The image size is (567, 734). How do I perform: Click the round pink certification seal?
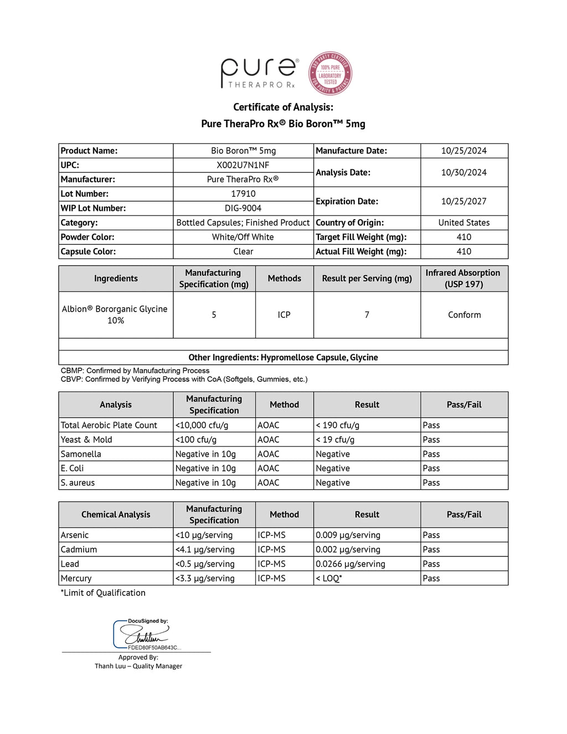click(x=330, y=74)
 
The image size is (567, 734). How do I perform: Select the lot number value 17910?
click(x=243, y=194)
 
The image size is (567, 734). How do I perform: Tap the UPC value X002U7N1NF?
click(x=243, y=165)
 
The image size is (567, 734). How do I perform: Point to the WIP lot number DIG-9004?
click(x=243, y=208)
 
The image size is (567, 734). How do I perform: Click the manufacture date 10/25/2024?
click(x=464, y=151)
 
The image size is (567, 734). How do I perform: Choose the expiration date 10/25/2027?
click(x=464, y=201)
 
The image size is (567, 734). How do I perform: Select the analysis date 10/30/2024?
click(x=464, y=173)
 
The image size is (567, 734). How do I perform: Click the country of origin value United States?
click(x=464, y=223)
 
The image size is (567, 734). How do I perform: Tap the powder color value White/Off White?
click(x=243, y=237)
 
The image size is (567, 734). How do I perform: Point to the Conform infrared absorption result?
click(x=464, y=315)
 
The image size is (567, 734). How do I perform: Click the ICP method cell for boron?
click(x=284, y=315)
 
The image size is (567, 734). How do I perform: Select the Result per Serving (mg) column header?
click(x=367, y=278)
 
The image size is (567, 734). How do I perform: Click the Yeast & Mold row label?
click(x=86, y=440)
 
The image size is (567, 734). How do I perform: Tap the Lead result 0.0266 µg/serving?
click(x=350, y=564)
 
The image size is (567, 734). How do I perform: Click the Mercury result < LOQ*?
click(x=329, y=578)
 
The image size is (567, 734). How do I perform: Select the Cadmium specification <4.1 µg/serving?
click(x=205, y=550)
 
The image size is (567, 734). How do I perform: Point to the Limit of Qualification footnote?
click(x=103, y=593)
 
